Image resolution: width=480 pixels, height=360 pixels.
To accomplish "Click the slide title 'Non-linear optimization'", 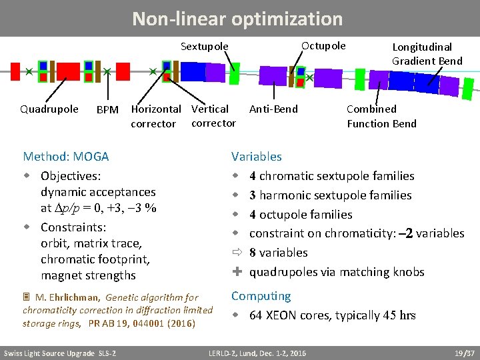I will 237,19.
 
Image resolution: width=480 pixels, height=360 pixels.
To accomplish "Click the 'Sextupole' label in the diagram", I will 205,47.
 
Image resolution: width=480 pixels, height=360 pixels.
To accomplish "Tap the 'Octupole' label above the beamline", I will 323,46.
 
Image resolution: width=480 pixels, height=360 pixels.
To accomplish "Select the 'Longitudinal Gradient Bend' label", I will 427,54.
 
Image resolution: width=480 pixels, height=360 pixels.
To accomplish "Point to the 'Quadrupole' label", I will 49,109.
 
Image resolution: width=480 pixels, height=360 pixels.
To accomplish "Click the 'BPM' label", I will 107,110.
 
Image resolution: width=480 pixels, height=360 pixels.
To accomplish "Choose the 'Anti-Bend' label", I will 273,109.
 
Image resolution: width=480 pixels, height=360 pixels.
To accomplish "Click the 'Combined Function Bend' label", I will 381,116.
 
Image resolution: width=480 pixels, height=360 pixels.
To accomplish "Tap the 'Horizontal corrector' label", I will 155,116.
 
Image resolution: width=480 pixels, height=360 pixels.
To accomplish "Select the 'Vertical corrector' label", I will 213,116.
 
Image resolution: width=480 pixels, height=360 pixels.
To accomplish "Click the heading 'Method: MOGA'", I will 66,157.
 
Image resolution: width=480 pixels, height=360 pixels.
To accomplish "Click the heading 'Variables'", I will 257,157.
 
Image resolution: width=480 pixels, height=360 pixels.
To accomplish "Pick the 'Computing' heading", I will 261,296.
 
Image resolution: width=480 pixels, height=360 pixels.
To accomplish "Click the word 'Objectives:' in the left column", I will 71,176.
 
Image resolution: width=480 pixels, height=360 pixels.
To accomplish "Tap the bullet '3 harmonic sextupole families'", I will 330,195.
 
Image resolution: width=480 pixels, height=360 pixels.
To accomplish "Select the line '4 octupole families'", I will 301,215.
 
